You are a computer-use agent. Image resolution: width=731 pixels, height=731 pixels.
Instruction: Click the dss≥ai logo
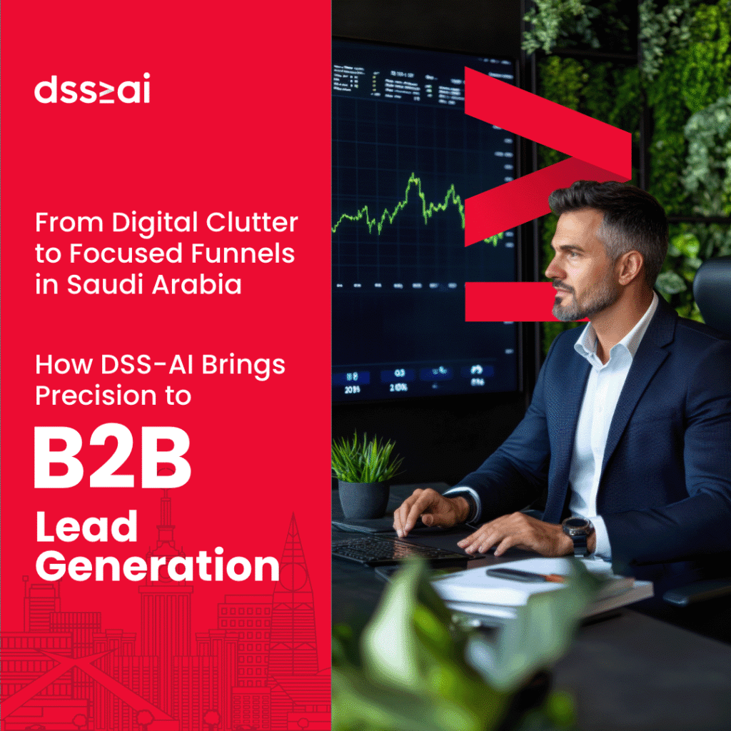[92, 91]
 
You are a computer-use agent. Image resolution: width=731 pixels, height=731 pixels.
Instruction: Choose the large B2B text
[112, 458]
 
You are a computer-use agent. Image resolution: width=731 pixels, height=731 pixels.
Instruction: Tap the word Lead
[86, 527]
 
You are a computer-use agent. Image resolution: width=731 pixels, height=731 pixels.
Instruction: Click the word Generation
[157, 568]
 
